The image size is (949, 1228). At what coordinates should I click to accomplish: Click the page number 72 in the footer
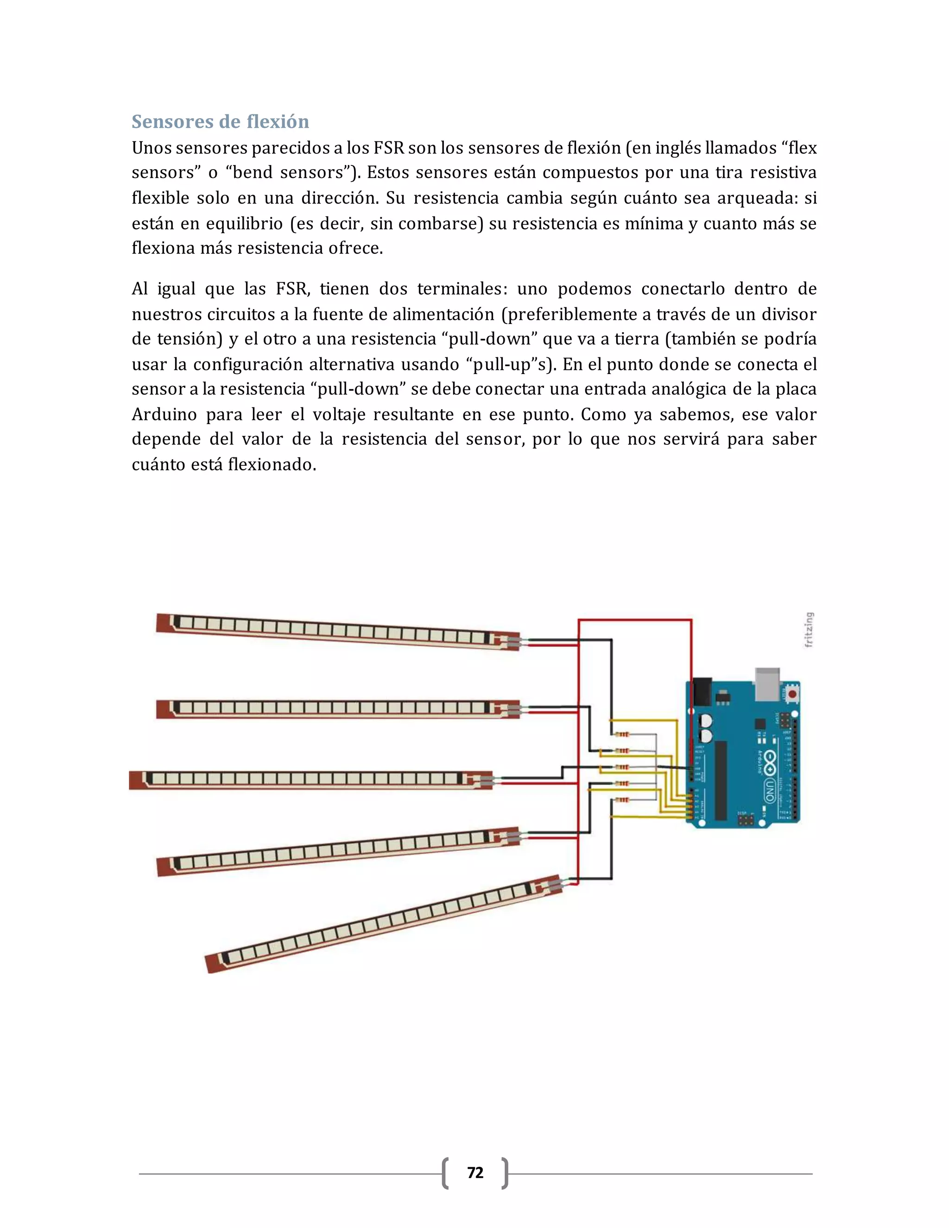(475, 1172)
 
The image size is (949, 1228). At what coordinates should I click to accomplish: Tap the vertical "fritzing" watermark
(809, 630)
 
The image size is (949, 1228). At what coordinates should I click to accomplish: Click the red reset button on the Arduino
(792, 694)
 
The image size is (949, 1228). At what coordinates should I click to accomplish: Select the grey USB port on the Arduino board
(767, 684)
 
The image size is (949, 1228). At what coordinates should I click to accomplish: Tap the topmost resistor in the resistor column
(622, 734)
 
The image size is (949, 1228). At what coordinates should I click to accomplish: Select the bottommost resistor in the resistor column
(622, 799)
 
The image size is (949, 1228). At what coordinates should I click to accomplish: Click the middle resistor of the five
(622, 767)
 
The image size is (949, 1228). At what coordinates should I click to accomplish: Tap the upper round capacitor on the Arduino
(706, 720)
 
